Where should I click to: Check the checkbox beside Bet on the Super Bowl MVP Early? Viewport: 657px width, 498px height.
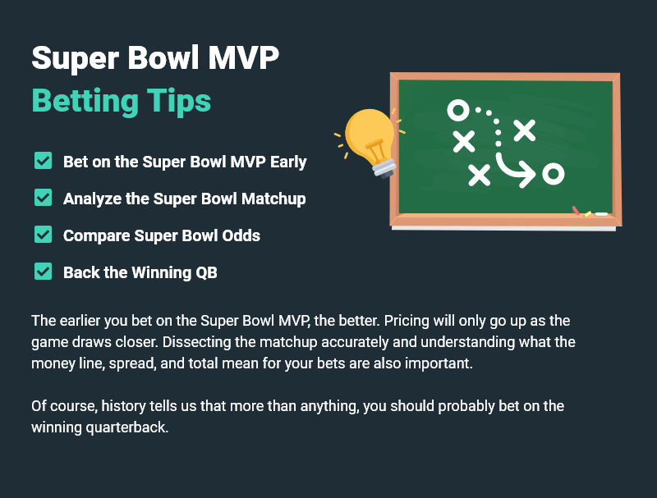tap(44, 161)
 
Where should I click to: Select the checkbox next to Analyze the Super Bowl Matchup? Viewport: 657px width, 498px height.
tap(44, 198)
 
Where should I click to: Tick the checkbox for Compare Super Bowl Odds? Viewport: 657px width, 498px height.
tap(44, 235)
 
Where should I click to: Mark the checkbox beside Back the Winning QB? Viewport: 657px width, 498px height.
tap(44, 272)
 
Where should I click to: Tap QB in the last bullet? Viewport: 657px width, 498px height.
tap(206, 272)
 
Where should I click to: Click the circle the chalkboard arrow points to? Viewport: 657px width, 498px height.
tap(554, 173)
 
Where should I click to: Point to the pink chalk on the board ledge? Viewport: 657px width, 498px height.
tap(577, 211)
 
